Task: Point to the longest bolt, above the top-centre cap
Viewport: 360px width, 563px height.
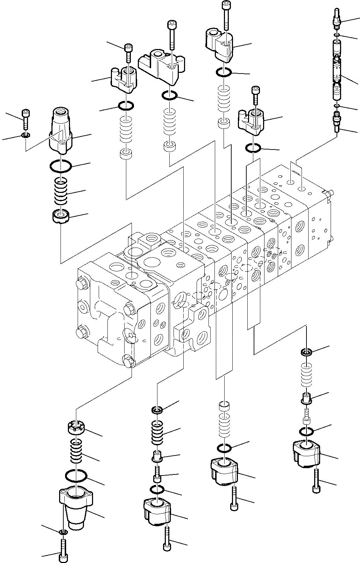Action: (x=226, y=16)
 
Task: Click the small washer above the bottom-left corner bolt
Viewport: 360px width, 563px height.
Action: (x=63, y=532)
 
